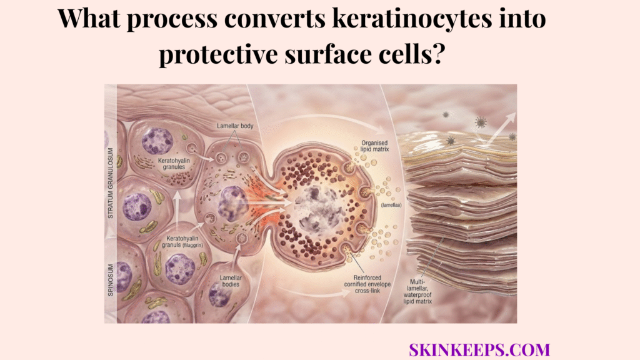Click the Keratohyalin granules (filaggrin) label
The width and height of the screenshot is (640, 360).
tap(181, 242)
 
